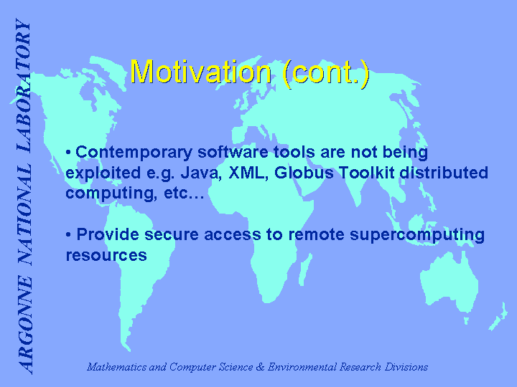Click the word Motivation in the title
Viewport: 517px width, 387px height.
(201, 72)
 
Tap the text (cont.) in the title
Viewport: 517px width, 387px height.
(326, 74)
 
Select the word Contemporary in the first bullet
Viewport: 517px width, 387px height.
(134, 153)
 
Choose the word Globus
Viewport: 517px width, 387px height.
(304, 173)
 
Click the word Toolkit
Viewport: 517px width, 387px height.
(367, 173)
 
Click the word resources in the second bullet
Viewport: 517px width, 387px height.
(106, 255)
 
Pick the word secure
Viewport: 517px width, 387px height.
(172, 235)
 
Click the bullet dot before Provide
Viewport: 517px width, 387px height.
(68, 235)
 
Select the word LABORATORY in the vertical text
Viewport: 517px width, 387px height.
(24, 85)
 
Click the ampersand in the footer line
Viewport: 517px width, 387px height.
(260, 367)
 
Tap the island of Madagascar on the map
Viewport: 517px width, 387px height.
(305, 270)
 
